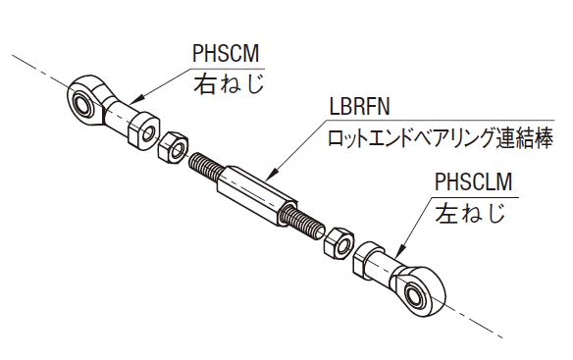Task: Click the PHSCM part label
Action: [226, 53]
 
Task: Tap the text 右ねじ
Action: [229, 83]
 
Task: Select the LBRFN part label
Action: [359, 106]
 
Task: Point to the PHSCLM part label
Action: [473, 181]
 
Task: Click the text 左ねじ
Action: [470, 212]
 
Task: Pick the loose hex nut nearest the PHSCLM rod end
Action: [339, 243]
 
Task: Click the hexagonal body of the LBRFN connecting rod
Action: [256, 196]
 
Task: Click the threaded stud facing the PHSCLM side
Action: [303, 222]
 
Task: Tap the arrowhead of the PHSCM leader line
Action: [134, 101]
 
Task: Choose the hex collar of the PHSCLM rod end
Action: [365, 260]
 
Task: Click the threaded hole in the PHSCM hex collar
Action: [148, 133]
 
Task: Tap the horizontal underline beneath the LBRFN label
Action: [439, 120]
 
